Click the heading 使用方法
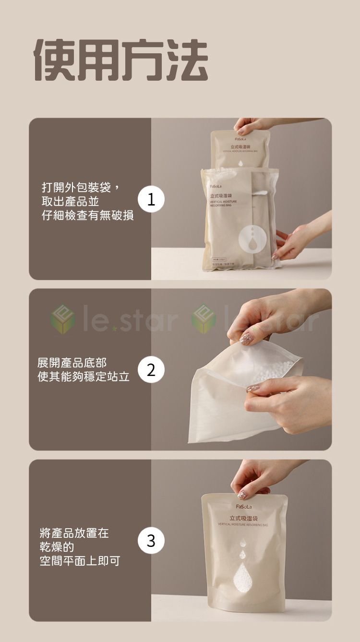121,60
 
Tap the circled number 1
151,199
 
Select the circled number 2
151,370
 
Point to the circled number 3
151,541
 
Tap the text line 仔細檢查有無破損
87,216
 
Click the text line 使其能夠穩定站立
84,377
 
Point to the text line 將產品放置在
74,533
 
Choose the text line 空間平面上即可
80,560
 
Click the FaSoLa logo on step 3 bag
243,506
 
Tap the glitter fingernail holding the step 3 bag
242,494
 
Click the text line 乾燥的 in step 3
57,546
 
